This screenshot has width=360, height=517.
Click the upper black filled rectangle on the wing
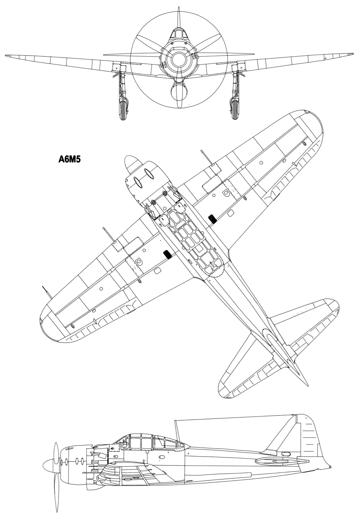tap(212, 219)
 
